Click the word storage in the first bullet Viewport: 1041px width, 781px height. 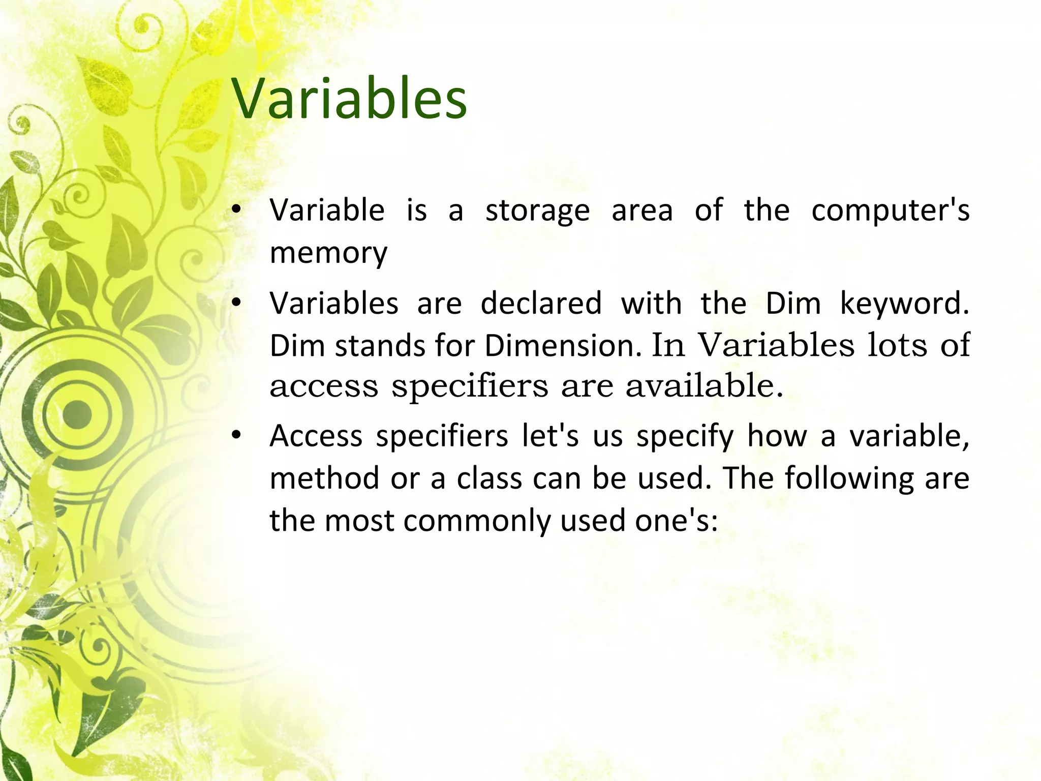pos(537,211)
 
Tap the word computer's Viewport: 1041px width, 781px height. pos(890,211)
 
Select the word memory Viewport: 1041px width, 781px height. pos(328,253)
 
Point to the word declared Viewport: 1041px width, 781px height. pos(541,304)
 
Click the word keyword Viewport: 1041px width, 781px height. pos(904,304)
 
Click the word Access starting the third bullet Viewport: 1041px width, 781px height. pos(316,436)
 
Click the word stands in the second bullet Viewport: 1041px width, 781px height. pos(379,346)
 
